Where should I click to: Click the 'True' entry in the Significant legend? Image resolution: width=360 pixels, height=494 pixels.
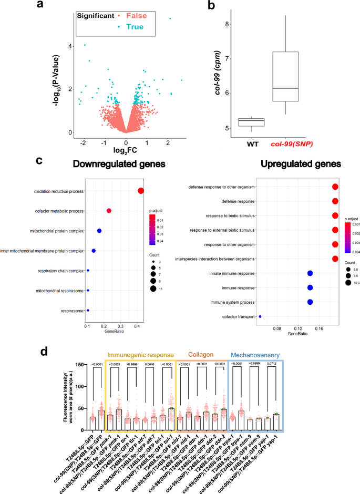pyautogui.click(x=136, y=27)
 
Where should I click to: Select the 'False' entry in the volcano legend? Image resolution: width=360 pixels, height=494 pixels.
pyautogui.click(x=136, y=16)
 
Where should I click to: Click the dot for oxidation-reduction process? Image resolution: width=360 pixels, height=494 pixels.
pyautogui.click(x=141, y=191)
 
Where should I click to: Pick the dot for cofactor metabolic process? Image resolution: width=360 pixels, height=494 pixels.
pyautogui.click(x=109, y=211)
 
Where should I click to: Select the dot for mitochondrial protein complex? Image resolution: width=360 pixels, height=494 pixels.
pyautogui.click(x=99, y=231)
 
